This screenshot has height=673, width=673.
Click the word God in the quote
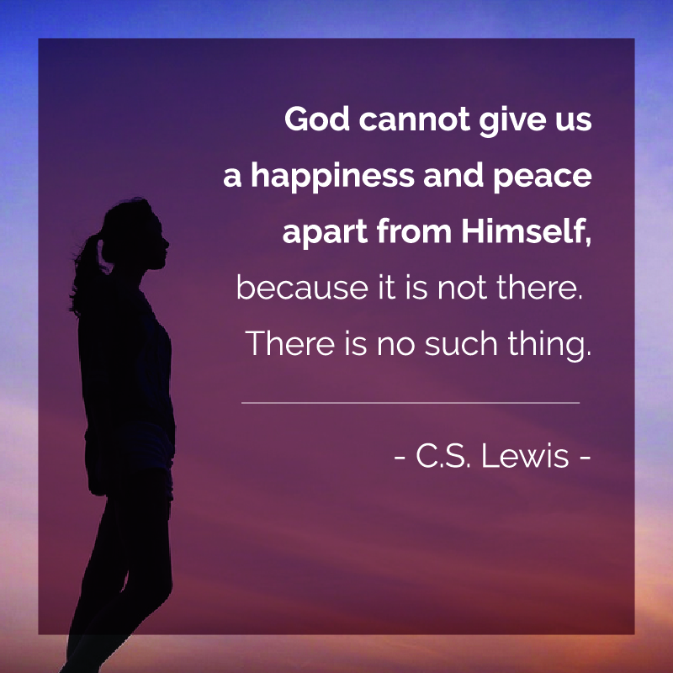pos(317,119)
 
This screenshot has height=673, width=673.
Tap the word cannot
pos(414,119)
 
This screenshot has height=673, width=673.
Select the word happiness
pos(332,177)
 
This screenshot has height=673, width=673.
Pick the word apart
pos(325,233)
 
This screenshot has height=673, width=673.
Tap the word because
pos(302,287)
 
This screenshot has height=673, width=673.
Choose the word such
pos(460,343)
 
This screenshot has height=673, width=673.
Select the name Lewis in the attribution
pos(524,456)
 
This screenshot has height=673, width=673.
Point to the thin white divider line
pos(411,403)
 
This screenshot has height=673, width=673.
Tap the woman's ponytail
pos(87,275)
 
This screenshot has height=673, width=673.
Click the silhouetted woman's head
pos(133,234)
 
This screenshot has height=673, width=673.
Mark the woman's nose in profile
pos(166,244)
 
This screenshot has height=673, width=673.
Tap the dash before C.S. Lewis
pos(399,458)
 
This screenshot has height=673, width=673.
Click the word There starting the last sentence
pos(289,343)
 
